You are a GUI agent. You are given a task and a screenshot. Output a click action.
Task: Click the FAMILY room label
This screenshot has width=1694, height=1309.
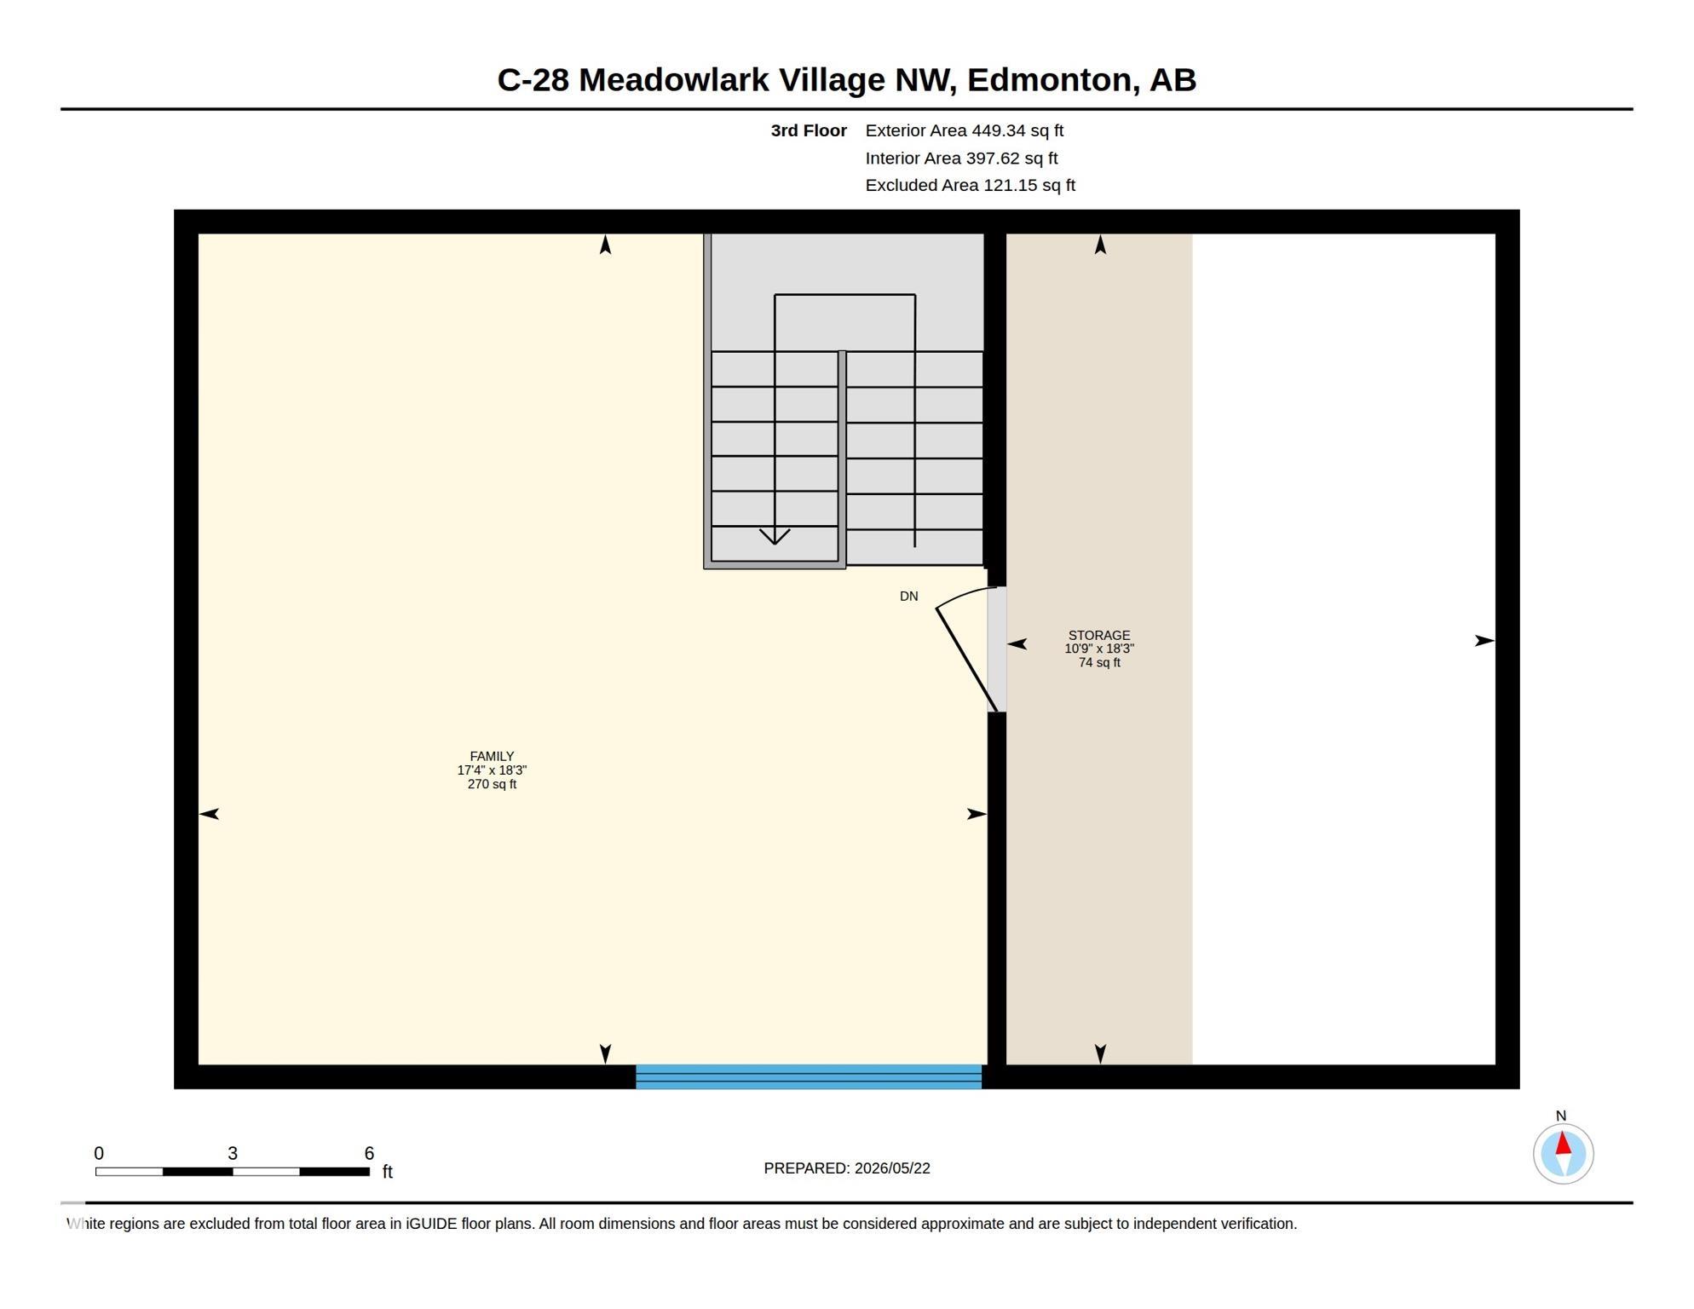492,756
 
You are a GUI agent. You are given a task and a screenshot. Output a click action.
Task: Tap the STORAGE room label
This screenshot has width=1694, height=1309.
1099,635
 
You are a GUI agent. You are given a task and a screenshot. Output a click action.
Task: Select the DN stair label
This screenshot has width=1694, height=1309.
908,597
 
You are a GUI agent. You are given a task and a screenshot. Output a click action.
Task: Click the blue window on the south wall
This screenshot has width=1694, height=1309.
809,1076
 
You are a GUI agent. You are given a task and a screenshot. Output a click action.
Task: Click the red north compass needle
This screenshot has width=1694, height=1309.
1563,1143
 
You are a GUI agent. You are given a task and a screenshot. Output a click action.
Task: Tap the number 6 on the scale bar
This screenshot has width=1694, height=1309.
369,1153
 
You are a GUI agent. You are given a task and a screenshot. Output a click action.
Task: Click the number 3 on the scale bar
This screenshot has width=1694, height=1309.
233,1153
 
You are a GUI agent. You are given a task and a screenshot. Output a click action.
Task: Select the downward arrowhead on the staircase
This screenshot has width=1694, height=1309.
775,536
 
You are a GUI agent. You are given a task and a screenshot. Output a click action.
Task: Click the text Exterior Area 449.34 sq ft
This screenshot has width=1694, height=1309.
964,130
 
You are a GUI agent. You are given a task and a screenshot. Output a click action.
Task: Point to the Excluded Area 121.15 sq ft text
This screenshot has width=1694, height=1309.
970,185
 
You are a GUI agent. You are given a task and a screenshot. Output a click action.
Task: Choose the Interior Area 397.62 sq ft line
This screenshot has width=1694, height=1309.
961,158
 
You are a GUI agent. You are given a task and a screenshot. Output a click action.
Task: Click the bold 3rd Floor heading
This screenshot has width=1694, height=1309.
809,130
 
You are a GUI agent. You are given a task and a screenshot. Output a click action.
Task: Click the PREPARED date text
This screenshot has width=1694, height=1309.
847,1168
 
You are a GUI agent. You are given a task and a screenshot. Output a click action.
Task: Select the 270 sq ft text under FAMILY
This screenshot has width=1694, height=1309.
492,784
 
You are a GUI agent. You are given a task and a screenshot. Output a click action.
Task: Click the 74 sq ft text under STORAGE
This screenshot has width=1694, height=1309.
1099,662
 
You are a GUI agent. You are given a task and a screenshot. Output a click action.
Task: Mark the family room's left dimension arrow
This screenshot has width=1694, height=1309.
209,814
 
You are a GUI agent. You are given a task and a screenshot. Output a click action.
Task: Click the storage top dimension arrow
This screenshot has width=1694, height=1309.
1100,245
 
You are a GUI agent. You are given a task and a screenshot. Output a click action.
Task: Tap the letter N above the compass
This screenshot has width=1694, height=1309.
1561,1116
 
